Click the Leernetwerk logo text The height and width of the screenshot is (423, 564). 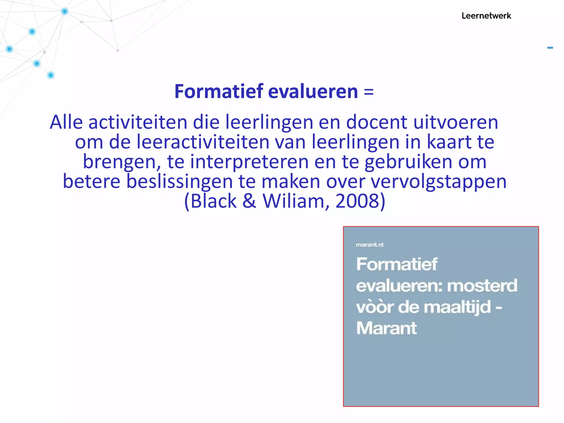pos(486,16)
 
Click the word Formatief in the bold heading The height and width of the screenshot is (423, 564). pos(219,91)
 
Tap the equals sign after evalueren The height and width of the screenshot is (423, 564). pos(369,91)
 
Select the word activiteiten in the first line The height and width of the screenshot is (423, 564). pos(138,122)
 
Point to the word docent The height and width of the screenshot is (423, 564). pos(376,122)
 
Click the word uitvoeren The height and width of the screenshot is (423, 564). pos(456,122)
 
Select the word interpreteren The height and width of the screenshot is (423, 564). pos(249,162)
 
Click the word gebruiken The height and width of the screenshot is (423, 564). pos(408,162)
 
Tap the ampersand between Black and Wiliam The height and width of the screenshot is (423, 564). pos(249,201)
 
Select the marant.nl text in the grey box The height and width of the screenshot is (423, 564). pos(369,245)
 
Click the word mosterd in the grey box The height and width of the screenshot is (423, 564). pos(482,286)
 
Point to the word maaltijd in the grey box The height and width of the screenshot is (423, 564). pos(457,307)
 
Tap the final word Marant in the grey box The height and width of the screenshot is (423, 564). pos(386,328)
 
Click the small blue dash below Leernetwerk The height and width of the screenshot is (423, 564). pos(550,48)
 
